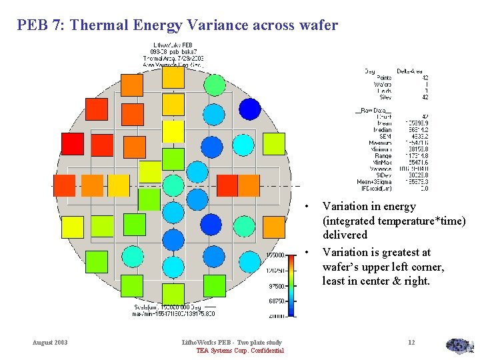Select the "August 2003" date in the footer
50,343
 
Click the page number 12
411,343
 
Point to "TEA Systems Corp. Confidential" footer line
240,351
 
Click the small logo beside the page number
459,345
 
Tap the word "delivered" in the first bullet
345,235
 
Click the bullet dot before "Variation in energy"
307,207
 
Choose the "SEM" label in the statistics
385,136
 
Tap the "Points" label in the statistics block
384,78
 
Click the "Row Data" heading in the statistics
375,110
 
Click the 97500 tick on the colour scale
277,286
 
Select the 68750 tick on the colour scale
277,301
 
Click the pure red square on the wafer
73,144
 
